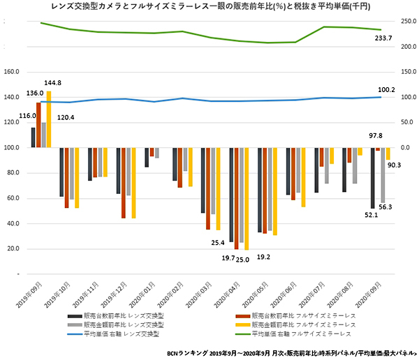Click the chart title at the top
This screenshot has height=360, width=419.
click(x=209, y=6)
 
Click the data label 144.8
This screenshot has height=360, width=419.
click(x=53, y=83)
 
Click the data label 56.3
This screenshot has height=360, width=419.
click(x=385, y=207)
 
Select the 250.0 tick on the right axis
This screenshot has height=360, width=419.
click(x=405, y=22)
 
